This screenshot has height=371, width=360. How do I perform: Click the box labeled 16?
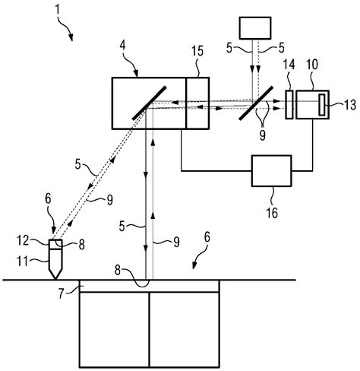click(271, 171)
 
